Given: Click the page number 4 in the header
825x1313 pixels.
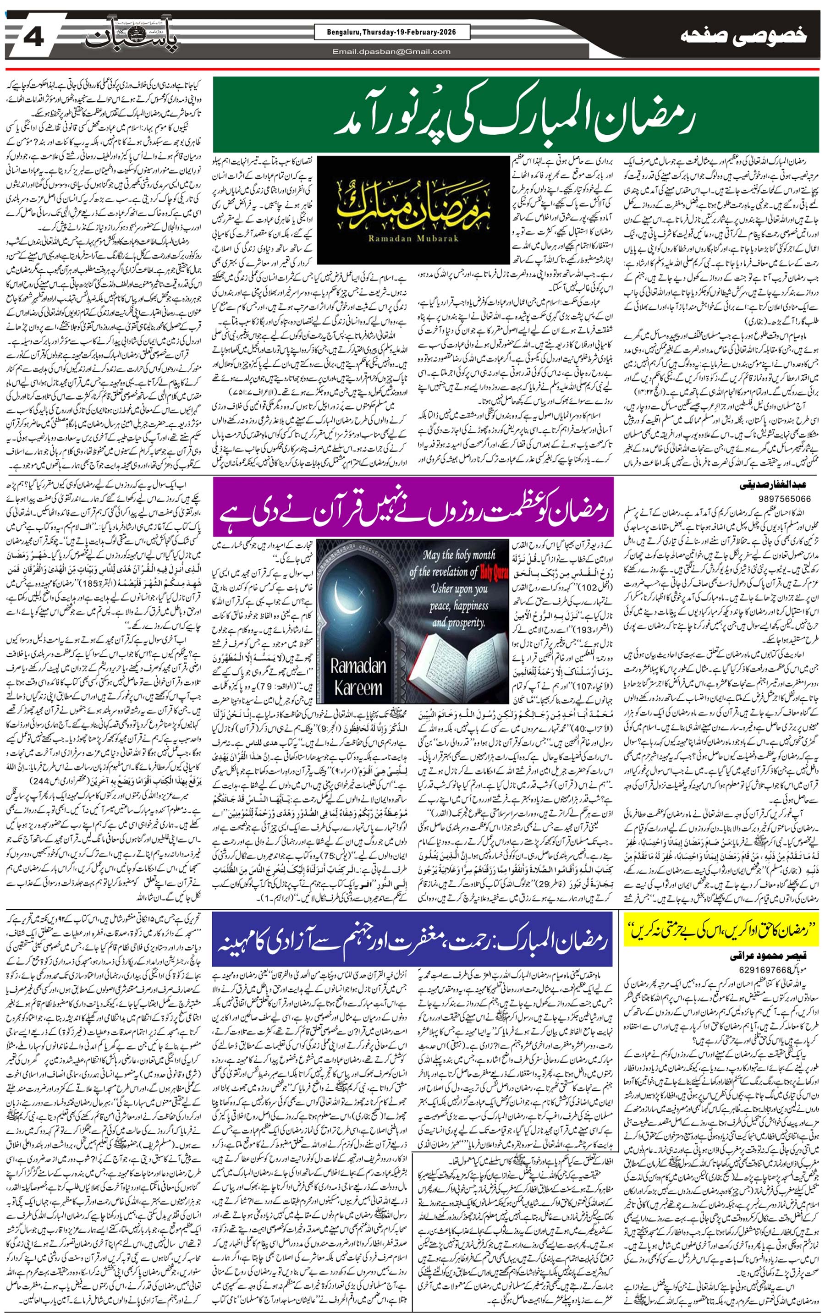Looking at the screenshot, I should pos(34,37).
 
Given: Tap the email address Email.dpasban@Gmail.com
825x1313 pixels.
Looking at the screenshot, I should pos(392,52).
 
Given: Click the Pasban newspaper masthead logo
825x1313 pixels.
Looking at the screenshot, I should pos(131,37).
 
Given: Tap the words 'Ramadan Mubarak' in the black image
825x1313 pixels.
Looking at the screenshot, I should pos(413,238).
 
